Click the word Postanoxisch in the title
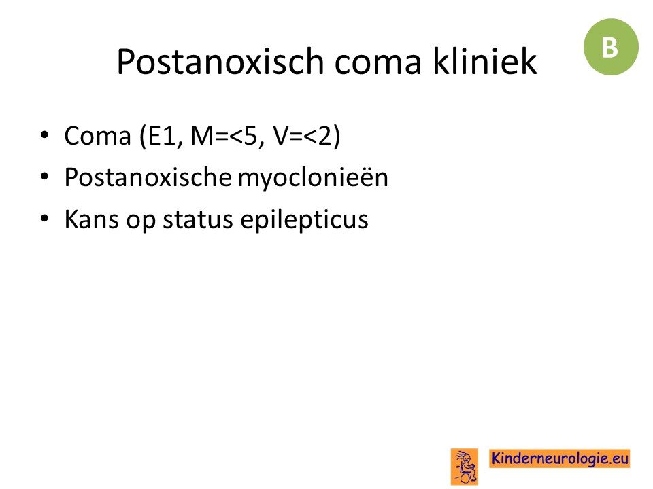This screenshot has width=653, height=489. click(220, 62)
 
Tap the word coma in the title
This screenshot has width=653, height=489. click(378, 63)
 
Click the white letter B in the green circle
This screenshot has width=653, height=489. click(609, 47)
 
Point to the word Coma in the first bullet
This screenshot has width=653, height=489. click(98, 136)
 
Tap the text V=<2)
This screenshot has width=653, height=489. click(307, 136)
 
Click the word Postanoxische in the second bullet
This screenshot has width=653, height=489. click(148, 177)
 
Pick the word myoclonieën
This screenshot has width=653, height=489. click(313, 179)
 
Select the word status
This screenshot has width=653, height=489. click(197, 220)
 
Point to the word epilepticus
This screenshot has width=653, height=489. click(305, 220)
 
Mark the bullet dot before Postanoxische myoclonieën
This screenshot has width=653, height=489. click(45, 177)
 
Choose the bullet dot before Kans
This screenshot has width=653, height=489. click(45, 218)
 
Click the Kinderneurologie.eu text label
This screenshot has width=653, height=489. click(560, 458)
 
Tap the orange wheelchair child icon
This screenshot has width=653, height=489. click(465, 467)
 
